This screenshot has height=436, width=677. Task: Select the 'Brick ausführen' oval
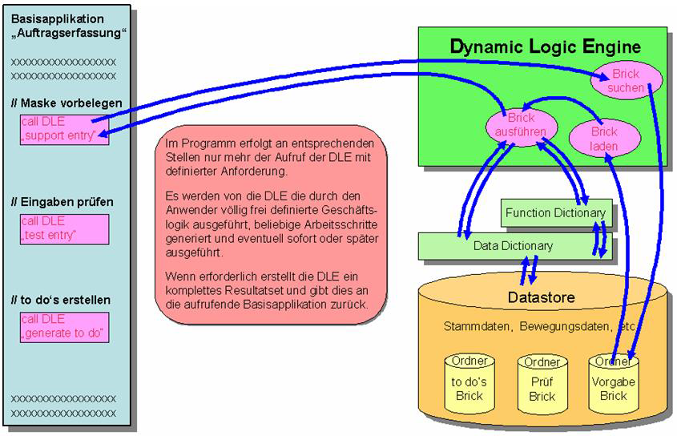(x=521, y=125)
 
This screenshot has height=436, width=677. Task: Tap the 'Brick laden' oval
(x=603, y=139)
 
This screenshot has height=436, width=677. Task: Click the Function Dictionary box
(x=555, y=213)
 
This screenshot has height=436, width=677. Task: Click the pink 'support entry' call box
(x=65, y=129)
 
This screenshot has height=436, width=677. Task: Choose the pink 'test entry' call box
(x=65, y=228)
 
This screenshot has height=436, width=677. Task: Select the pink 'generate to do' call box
(x=65, y=327)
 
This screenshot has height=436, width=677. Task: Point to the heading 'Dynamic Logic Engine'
(x=545, y=46)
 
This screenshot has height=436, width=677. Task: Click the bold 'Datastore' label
(x=541, y=298)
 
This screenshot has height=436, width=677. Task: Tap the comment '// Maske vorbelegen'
(x=67, y=103)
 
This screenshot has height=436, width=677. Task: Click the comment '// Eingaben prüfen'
(x=62, y=202)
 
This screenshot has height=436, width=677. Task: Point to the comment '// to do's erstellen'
(x=61, y=300)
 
